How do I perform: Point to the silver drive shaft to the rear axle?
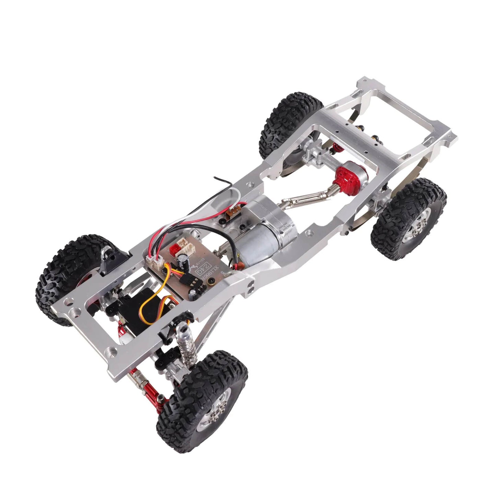pyautogui.click(x=299, y=203)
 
